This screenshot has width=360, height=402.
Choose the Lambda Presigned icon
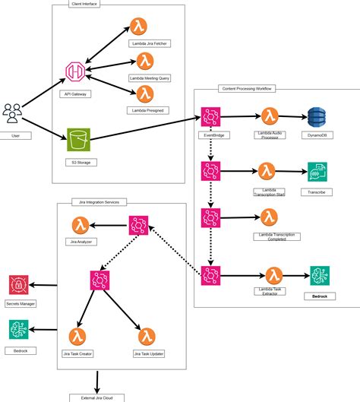143,94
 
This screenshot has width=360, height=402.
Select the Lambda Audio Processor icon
269,117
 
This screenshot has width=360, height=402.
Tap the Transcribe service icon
317,173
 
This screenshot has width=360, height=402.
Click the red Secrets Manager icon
17,286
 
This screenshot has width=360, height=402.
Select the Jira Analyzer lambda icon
82,224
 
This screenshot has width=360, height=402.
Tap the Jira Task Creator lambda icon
77,337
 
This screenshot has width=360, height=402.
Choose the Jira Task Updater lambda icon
147,337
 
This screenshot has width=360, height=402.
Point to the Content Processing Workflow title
247,90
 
